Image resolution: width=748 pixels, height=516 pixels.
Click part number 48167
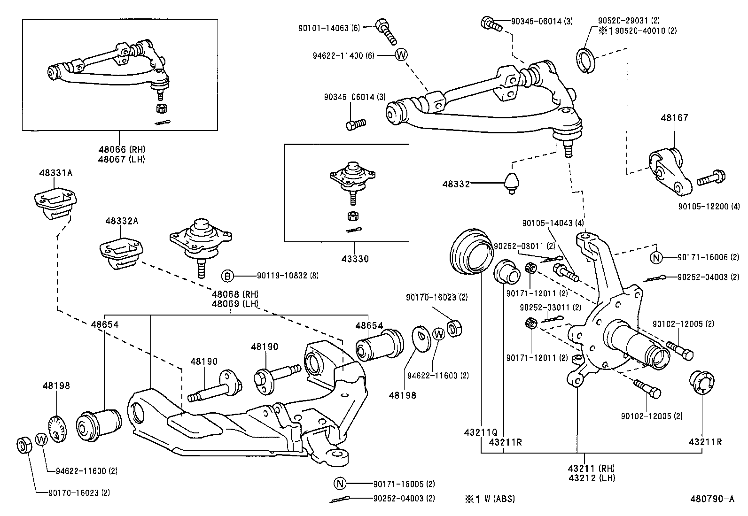pyautogui.click(x=674, y=117)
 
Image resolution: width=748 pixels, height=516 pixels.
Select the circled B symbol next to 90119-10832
pyautogui.click(x=227, y=276)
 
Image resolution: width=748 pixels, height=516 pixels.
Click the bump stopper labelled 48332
pyautogui.click(x=512, y=183)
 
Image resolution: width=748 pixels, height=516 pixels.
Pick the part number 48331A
pyautogui.click(x=55, y=173)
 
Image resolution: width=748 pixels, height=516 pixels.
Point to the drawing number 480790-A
pyautogui.click(x=712, y=499)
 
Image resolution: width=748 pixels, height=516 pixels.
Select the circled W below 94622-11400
pyautogui.click(x=401, y=55)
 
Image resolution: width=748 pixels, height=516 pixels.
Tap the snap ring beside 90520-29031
pyautogui.click(x=585, y=61)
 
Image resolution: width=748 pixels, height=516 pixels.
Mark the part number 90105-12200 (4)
pyautogui.click(x=709, y=206)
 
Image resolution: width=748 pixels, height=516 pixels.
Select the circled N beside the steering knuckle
pyautogui.click(x=656, y=257)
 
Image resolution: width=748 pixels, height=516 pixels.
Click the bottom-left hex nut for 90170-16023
pyautogui.click(x=24, y=445)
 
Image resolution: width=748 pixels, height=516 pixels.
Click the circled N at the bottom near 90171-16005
pyautogui.click(x=340, y=484)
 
